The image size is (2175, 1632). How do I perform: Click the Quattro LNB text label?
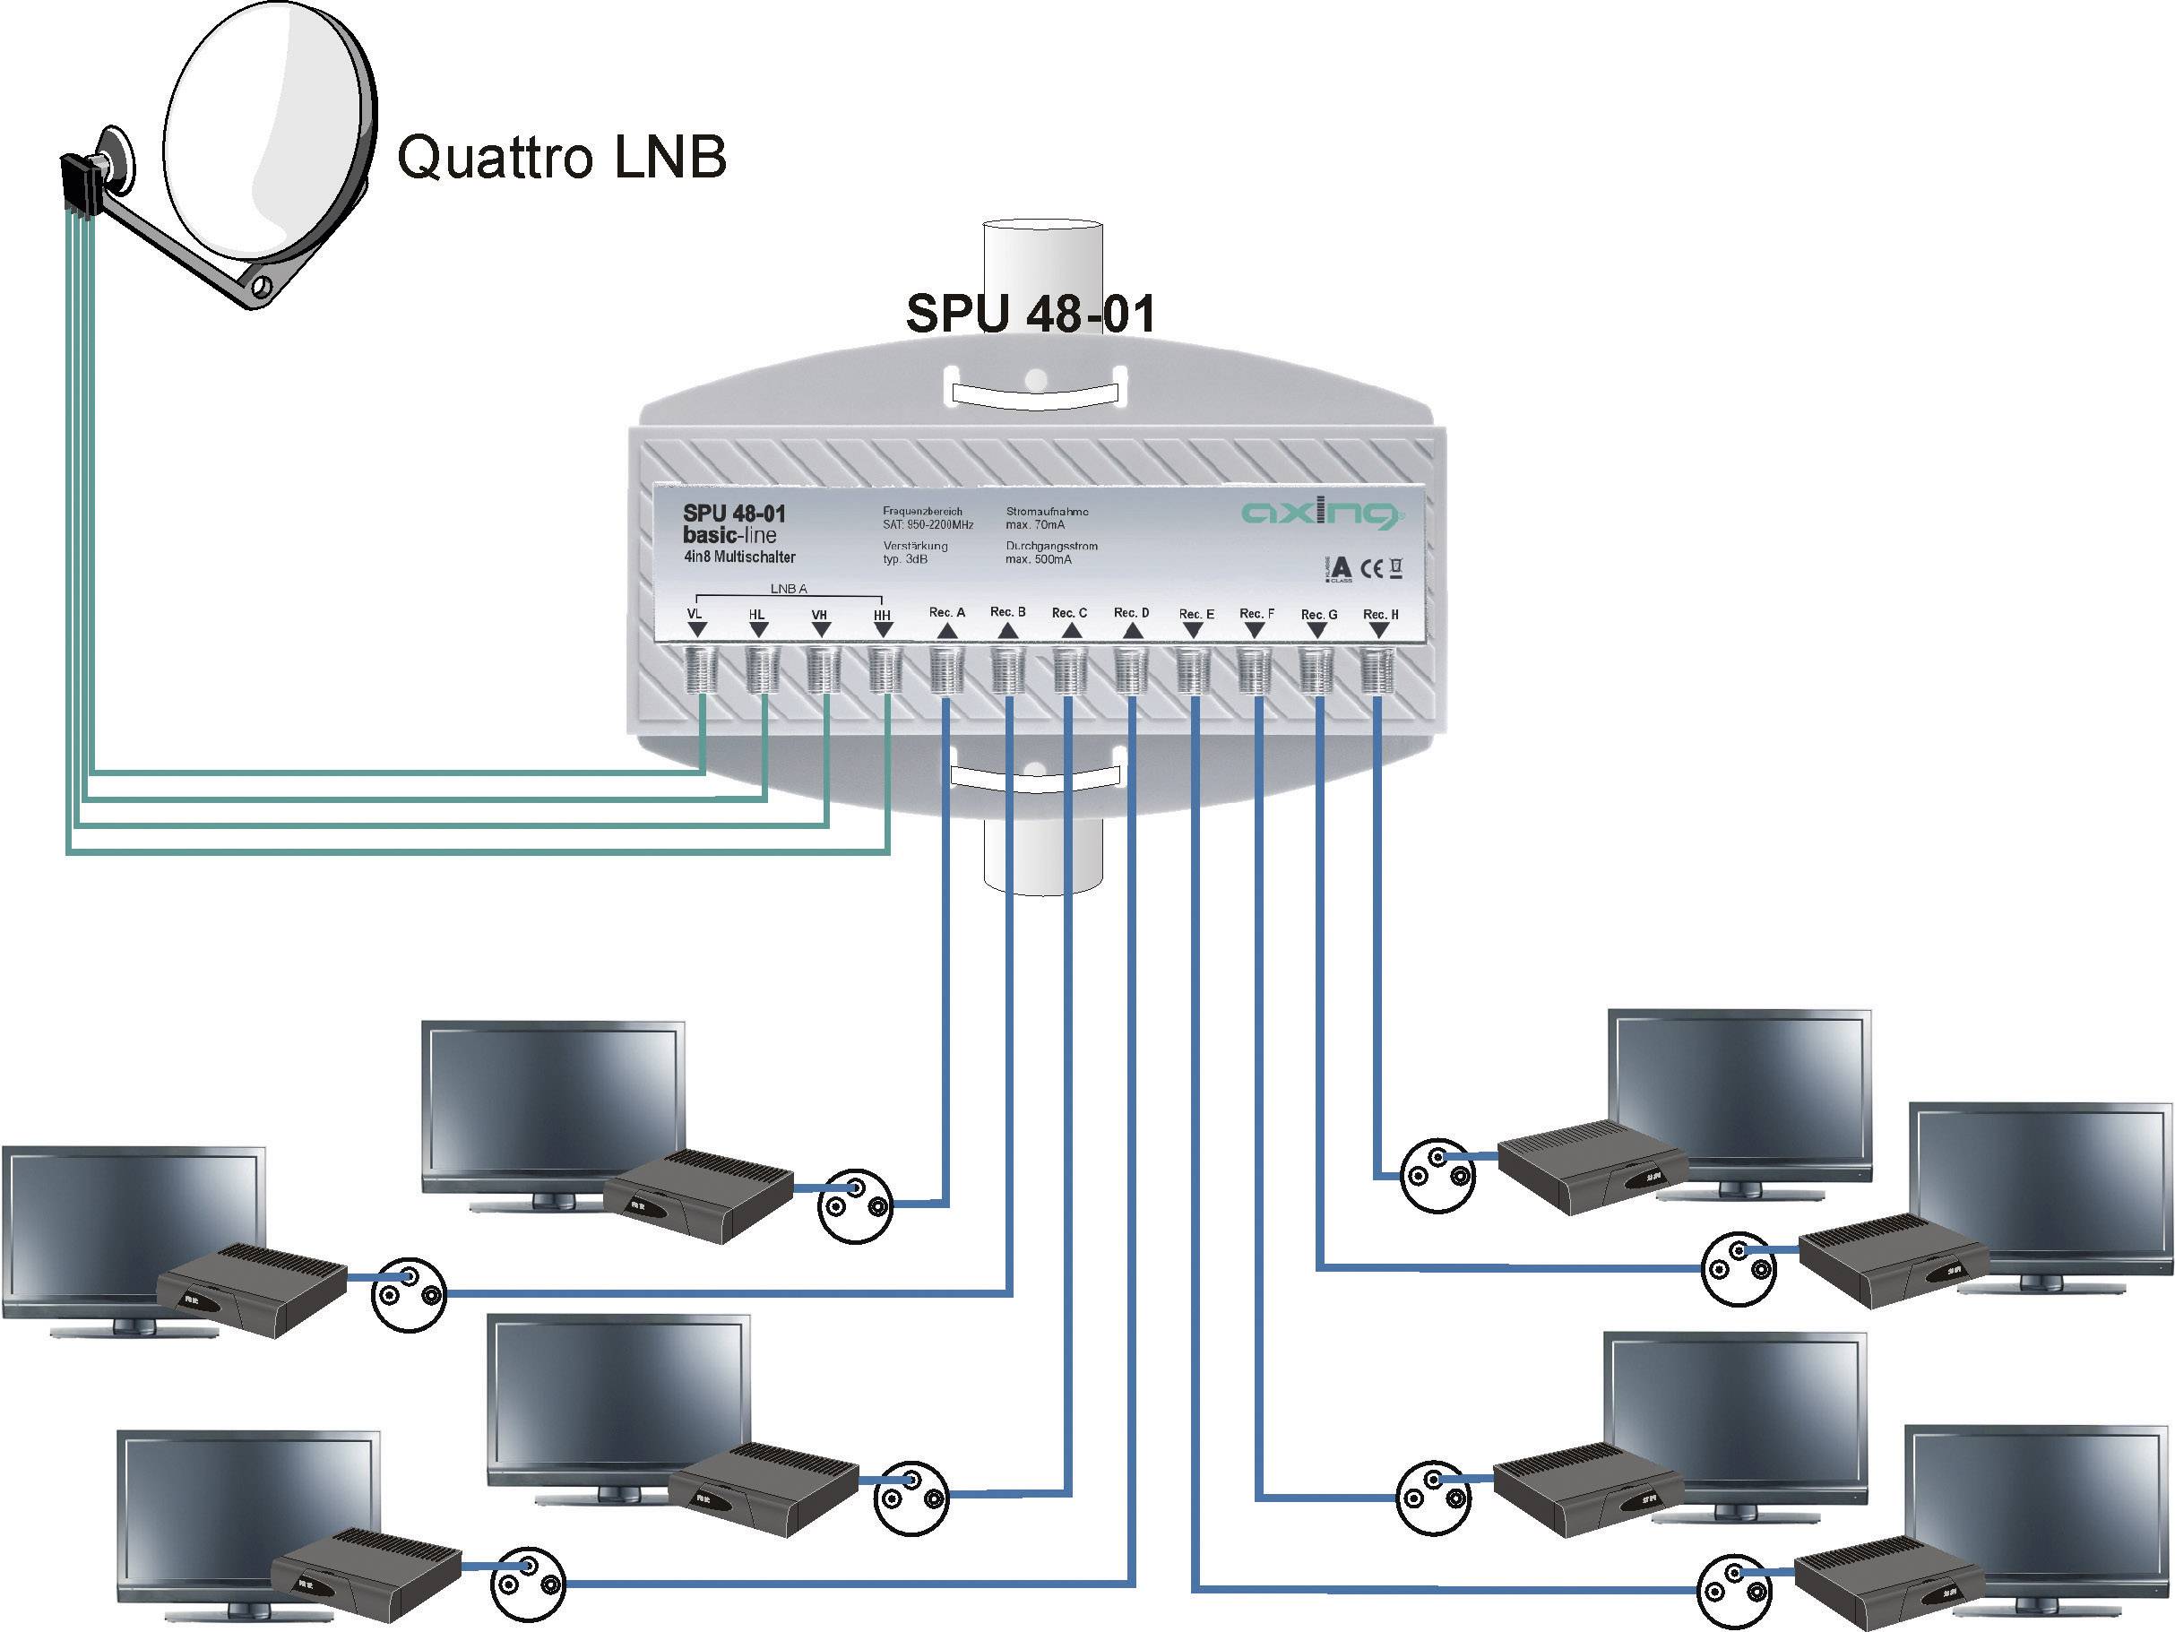(x=561, y=158)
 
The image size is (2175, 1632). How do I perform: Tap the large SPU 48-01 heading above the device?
(x=1030, y=314)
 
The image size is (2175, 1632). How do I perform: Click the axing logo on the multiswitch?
(x=1322, y=513)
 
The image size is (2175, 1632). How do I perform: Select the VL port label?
(x=695, y=615)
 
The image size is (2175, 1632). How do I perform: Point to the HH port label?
(x=882, y=616)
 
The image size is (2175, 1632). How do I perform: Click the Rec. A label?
(x=947, y=612)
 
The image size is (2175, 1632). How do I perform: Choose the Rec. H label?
(x=1380, y=615)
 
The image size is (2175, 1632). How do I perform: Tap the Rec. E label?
(x=1196, y=615)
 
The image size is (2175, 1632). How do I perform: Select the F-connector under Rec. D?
(x=1131, y=670)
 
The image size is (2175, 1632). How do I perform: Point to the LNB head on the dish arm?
(x=80, y=186)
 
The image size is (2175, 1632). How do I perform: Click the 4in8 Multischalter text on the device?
(x=739, y=557)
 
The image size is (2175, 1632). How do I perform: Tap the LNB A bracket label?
(x=788, y=590)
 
